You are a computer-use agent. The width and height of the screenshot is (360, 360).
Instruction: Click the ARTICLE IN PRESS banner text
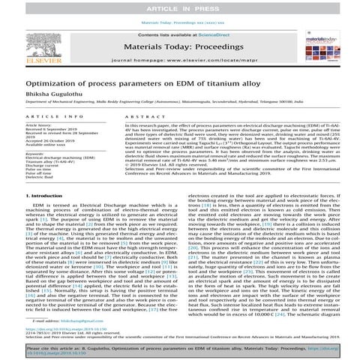[179, 7]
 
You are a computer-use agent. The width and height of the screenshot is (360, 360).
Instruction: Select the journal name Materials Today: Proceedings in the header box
[179, 48]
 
